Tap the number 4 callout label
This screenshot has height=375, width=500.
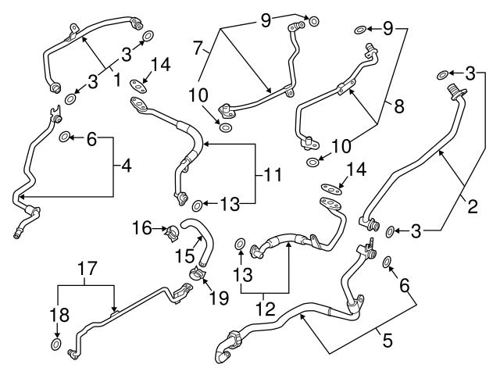coord(124,166)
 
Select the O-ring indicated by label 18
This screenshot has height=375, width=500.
coord(56,345)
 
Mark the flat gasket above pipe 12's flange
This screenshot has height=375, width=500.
coord(334,187)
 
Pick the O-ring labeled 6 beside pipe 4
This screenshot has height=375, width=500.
coord(66,139)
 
